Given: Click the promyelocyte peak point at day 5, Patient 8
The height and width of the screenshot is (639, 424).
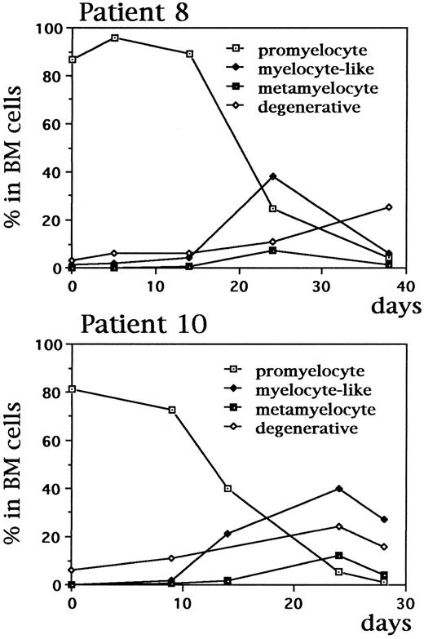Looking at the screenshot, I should pyautogui.click(x=114, y=38).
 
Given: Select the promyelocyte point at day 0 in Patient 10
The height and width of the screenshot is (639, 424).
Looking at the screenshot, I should pyautogui.click(x=73, y=388).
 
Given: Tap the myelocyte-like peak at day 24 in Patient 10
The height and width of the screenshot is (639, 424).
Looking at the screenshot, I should pyautogui.click(x=338, y=488).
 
